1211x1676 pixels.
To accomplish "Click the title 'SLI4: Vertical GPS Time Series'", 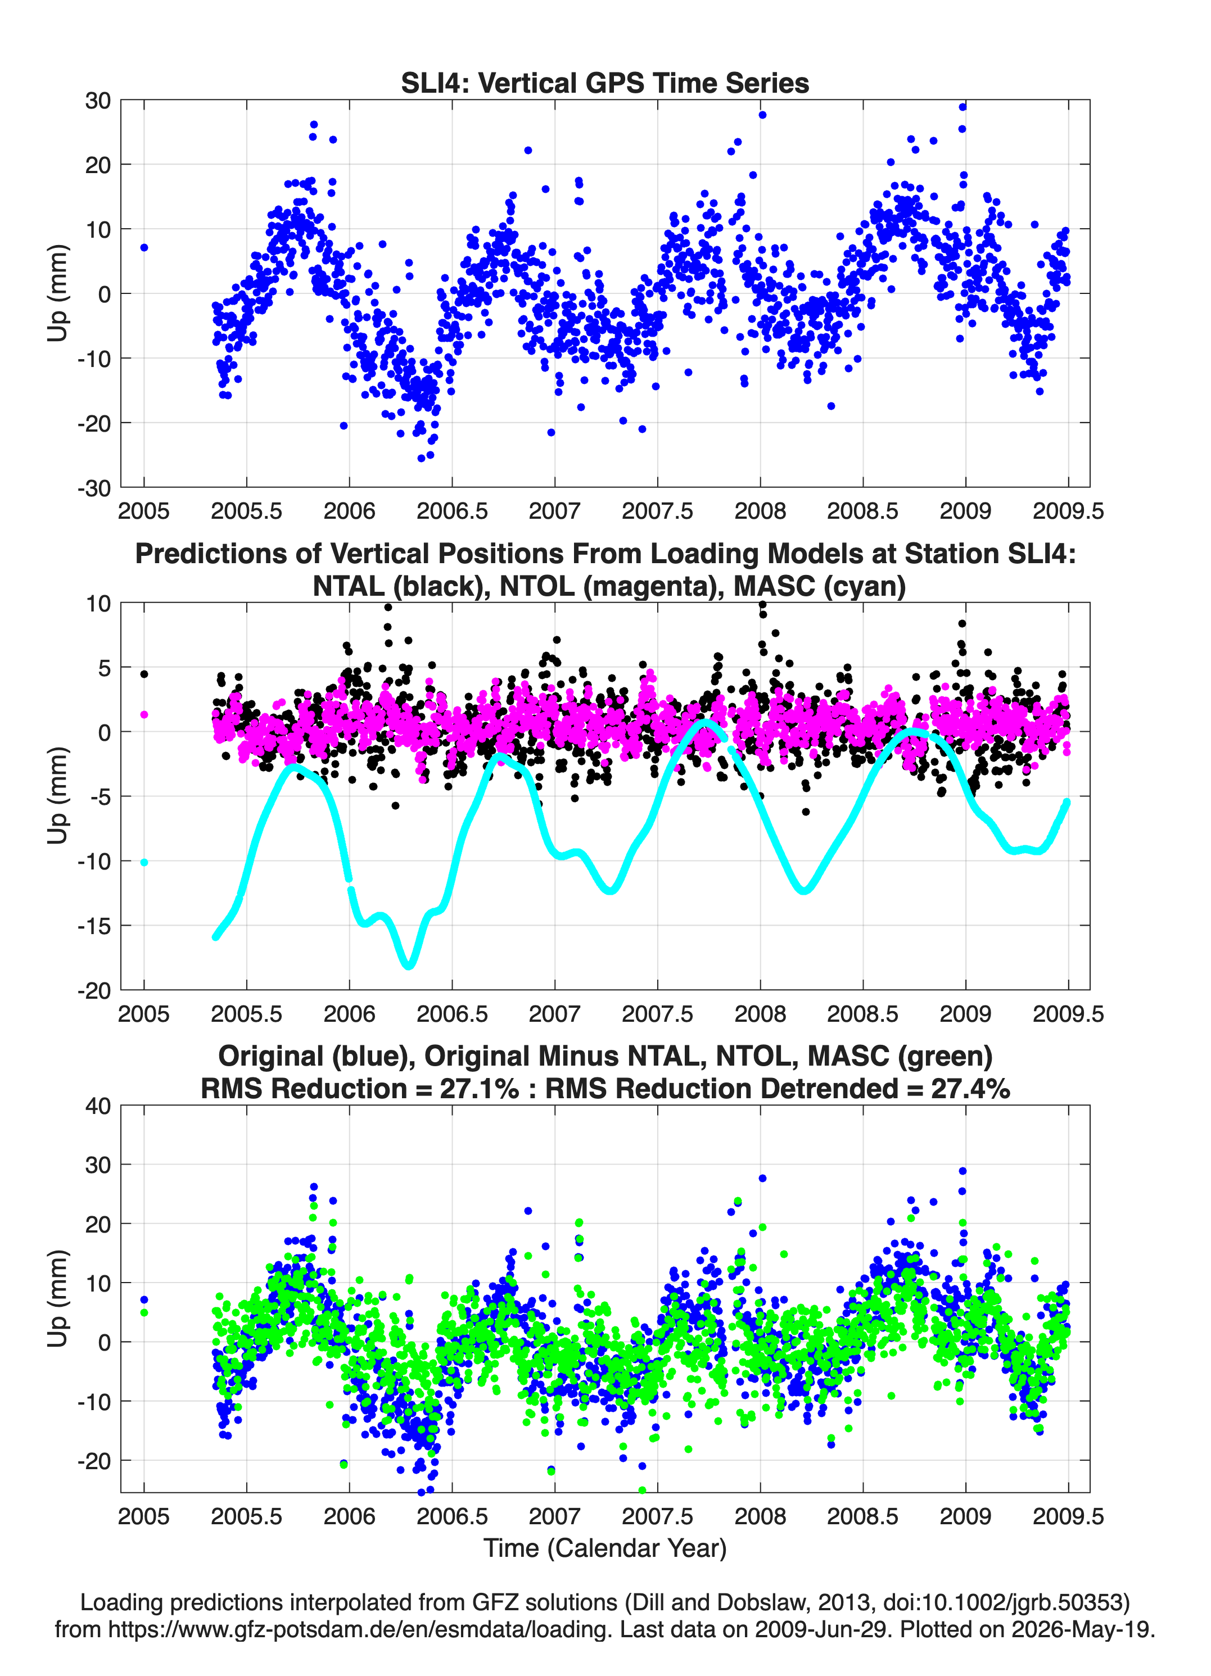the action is [x=605, y=83].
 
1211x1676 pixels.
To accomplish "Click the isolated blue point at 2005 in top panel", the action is [x=144, y=247].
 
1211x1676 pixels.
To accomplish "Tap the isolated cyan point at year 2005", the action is [x=144, y=862].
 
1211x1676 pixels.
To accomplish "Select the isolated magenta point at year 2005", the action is [x=144, y=714].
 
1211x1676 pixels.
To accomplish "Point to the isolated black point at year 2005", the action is [x=144, y=674].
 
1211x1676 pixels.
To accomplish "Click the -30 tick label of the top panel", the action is [x=94, y=488].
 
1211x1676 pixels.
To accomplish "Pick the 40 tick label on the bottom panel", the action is [x=98, y=1106].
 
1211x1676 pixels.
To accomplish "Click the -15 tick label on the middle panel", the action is [x=94, y=926].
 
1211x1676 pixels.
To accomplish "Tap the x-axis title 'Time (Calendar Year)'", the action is [x=605, y=1548].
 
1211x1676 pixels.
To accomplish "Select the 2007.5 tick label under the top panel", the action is [x=657, y=511].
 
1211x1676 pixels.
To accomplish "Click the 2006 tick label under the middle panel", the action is [x=350, y=1014].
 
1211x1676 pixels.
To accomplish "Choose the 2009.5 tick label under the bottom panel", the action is [x=1068, y=1516].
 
